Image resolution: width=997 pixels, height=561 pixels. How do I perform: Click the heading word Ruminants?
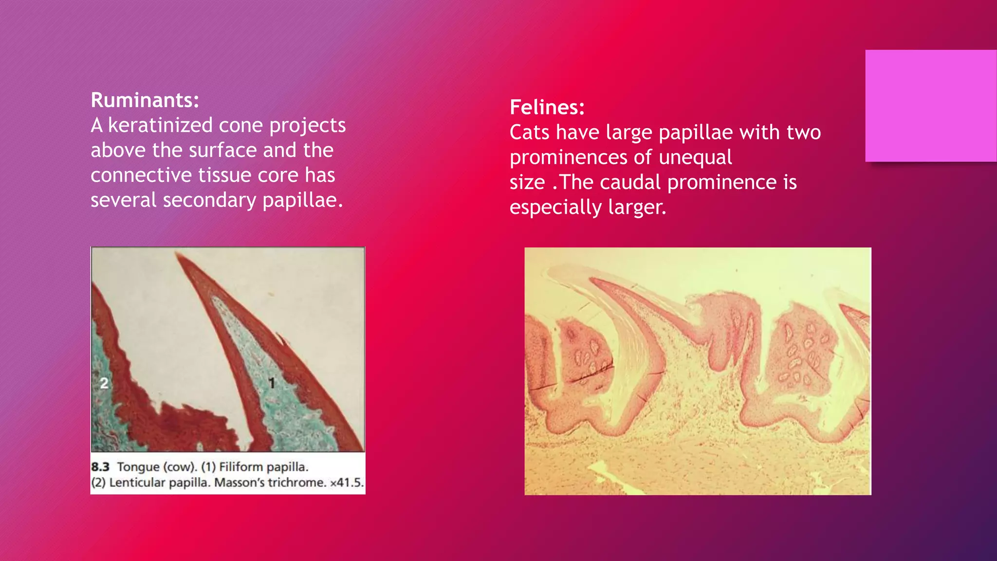(145, 100)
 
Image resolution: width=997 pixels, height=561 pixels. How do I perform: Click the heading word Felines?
(547, 107)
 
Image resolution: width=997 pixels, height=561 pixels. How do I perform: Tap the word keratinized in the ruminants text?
(160, 126)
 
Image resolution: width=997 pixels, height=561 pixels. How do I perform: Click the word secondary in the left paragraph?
(209, 200)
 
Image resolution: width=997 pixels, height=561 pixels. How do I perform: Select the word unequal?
(695, 157)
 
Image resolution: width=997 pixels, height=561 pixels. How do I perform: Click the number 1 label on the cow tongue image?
(272, 383)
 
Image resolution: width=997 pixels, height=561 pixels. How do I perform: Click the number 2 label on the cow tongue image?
(104, 383)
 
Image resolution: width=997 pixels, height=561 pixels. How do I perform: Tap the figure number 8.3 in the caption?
(100, 467)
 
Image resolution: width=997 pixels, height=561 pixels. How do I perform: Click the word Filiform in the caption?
(240, 467)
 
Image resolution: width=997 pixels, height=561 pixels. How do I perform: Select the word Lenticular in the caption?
(135, 483)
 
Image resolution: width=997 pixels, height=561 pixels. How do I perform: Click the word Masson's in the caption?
(238, 483)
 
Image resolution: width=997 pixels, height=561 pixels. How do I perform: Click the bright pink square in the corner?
(930, 106)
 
